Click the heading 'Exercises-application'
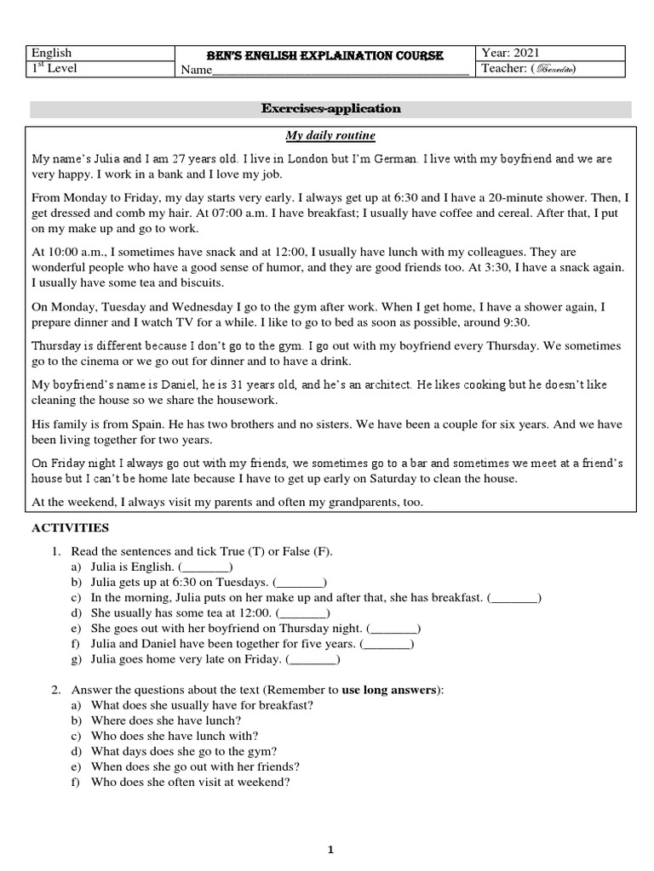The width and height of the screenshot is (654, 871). (x=331, y=109)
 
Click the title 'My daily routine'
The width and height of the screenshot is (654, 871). (x=330, y=136)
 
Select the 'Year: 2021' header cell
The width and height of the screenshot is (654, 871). (x=511, y=53)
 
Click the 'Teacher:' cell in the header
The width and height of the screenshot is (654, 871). (x=529, y=69)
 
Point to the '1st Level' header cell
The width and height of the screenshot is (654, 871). (x=54, y=68)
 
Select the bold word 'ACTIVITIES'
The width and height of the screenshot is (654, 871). (x=71, y=528)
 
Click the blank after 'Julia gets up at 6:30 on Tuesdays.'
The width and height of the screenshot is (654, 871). (x=300, y=583)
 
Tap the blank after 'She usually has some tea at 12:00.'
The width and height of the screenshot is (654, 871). (x=303, y=613)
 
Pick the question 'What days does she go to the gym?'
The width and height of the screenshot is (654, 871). (x=183, y=751)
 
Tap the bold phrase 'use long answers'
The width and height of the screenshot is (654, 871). (x=389, y=690)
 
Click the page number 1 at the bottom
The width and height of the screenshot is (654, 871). (x=330, y=850)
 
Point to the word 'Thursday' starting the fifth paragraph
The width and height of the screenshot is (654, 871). (x=57, y=346)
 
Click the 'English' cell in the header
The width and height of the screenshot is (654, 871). (x=52, y=53)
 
